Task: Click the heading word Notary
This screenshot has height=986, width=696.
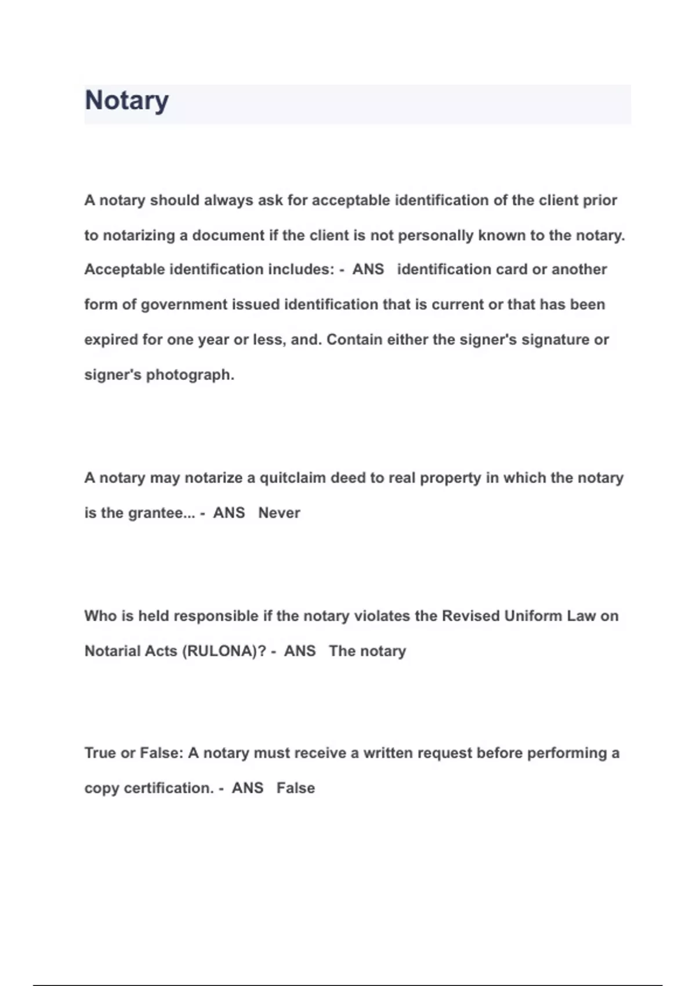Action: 126,101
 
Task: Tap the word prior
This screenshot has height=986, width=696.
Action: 600,201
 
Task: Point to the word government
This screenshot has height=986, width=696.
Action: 184,305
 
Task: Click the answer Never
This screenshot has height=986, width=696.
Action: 279,513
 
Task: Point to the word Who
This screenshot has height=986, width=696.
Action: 100,616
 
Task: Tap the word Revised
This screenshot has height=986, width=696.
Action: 470,616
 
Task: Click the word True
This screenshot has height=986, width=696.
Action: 100,753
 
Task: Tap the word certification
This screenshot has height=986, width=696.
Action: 169,788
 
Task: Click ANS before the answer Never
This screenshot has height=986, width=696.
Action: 229,513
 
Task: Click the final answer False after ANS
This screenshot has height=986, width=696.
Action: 295,788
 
